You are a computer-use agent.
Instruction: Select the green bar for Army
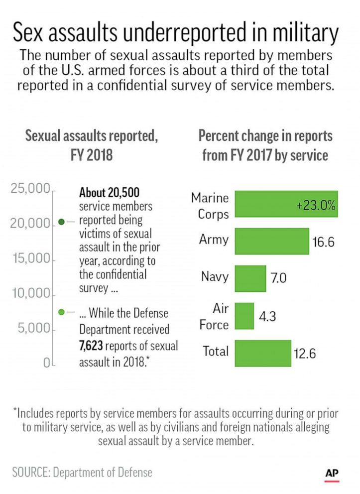coord(272,242)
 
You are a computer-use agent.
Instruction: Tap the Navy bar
coord(250,278)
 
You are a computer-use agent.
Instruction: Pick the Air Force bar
coord(244,316)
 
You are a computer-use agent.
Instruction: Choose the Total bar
coord(262,353)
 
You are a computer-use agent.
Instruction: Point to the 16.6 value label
coord(323,243)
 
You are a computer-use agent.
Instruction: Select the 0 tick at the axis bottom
coord(46,364)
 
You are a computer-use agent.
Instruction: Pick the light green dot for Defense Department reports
coord(61,312)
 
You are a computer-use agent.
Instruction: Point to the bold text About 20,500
coord(109,192)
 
